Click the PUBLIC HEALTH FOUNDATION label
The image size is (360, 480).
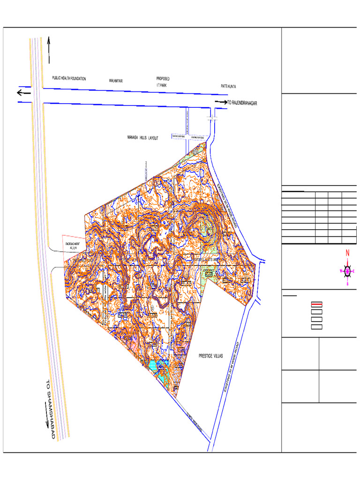coord(69,79)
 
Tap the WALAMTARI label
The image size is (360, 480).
coord(116,81)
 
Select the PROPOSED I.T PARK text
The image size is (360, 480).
coord(163,82)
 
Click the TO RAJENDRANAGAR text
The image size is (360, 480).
coord(242,103)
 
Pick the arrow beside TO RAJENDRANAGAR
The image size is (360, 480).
coord(220,102)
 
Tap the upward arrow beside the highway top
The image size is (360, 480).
coord(49,50)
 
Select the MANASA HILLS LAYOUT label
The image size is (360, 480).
coord(143,138)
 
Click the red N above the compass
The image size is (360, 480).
coord(347,254)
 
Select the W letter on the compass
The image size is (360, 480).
coord(341,271)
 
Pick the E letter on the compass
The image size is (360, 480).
coord(353,271)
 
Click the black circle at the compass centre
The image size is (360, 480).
coord(347,271)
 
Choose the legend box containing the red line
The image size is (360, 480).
coord(317,304)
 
